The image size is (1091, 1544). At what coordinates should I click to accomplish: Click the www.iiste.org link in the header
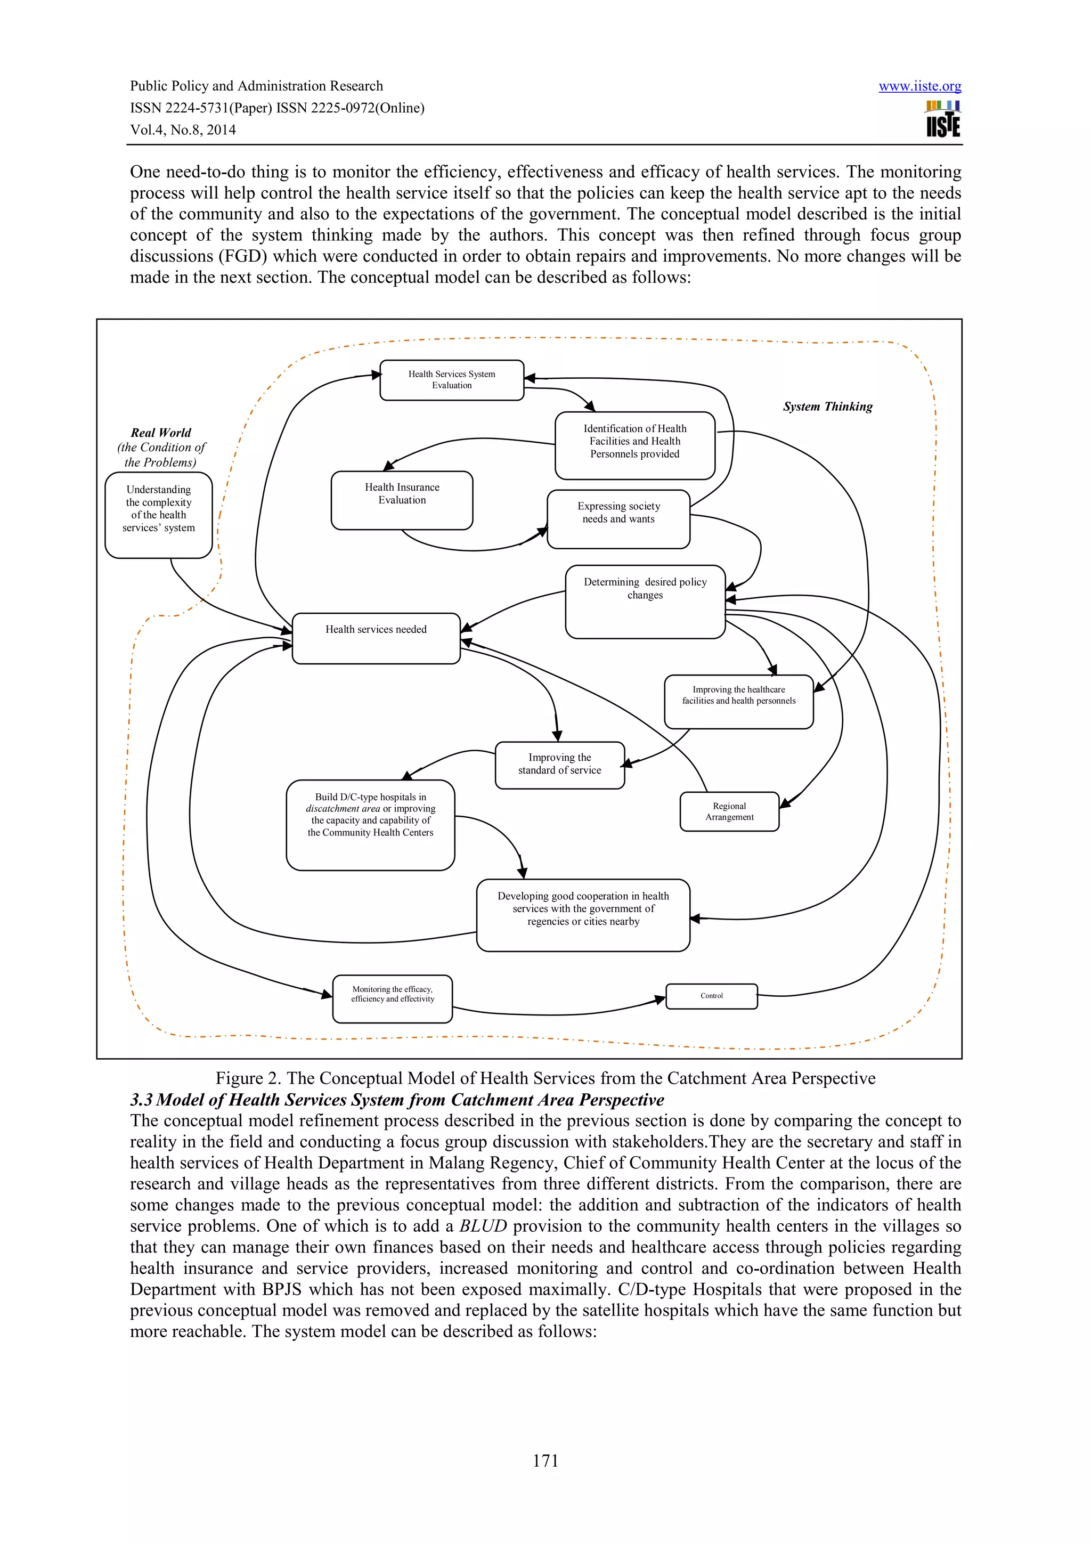919,86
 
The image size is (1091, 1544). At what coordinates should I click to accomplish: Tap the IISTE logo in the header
943,120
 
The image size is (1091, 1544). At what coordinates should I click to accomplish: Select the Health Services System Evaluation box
451,380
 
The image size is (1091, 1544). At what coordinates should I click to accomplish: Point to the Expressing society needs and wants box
618,518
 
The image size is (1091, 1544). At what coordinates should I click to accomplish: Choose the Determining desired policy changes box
645,601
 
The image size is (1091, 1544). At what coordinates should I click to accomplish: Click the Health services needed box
376,638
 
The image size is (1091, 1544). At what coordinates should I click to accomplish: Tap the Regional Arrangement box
729,811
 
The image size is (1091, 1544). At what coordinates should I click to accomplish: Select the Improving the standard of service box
559,765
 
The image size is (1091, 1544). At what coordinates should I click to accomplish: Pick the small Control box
711,996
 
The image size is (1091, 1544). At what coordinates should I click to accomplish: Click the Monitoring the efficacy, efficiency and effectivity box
392,998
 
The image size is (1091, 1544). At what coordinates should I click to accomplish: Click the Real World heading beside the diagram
161,433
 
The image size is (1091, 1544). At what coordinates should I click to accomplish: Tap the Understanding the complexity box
159,515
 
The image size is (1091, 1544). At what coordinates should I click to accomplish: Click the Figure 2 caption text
545,1078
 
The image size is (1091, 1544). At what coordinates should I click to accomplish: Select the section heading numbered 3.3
396,1100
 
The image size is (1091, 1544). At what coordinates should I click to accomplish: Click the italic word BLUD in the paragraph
483,1226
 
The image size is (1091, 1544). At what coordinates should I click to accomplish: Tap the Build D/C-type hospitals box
370,824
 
